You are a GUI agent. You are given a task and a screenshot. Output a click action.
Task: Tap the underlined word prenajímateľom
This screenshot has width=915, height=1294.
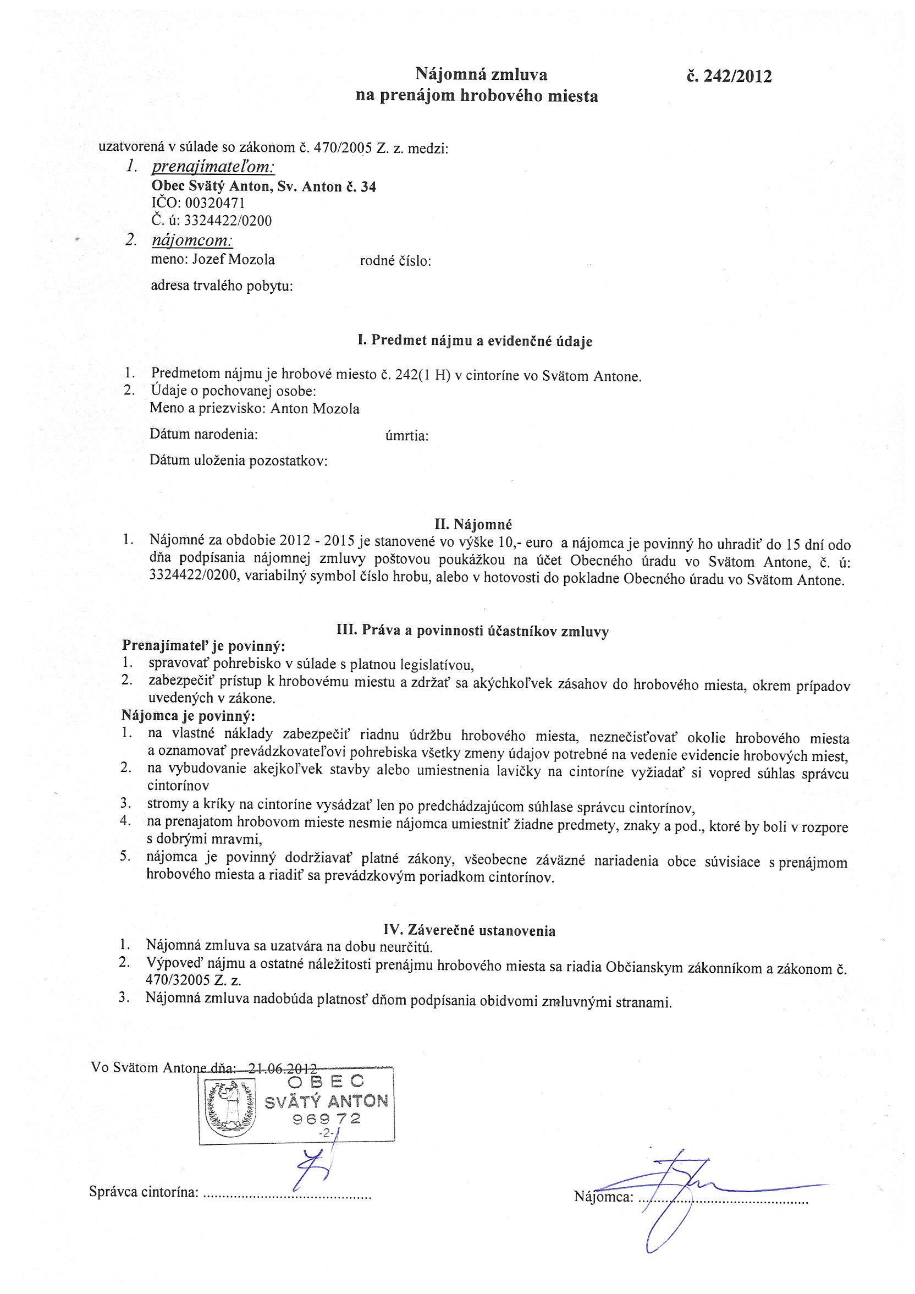coord(213,167)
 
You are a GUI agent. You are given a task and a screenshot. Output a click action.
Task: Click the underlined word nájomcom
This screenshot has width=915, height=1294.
coord(192,240)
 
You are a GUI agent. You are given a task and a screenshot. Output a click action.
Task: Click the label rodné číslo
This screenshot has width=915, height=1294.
coord(395,261)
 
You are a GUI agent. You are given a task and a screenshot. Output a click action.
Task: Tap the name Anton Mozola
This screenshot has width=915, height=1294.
coord(315,409)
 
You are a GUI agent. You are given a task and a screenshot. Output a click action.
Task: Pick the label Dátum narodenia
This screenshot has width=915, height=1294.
coord(203,435)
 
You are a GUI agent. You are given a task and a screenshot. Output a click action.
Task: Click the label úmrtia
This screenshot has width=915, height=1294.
coord(407,436)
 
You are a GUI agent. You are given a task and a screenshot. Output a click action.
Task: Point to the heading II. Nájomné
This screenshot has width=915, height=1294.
coord(473,525)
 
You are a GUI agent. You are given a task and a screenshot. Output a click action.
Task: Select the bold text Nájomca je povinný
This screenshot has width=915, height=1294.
coord(189,717)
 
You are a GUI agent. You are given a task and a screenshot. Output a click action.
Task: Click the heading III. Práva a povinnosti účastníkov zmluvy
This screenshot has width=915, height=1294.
coord(472,631)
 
